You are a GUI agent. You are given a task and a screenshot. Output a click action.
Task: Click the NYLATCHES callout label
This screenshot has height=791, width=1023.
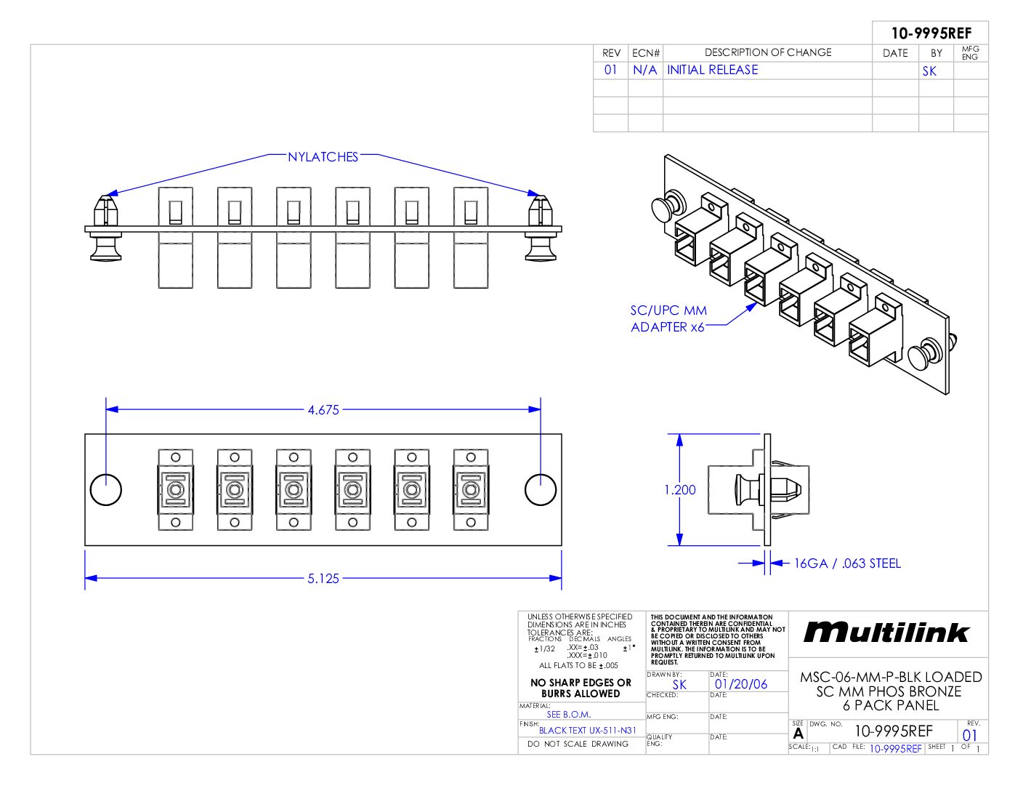[323, 157]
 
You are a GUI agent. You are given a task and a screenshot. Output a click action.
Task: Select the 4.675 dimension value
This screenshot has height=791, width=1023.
[323, 410]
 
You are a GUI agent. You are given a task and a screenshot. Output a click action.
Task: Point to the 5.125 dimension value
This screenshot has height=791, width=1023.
[323, 579]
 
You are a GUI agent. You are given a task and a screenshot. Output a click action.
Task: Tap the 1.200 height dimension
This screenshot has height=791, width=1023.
[680, 490]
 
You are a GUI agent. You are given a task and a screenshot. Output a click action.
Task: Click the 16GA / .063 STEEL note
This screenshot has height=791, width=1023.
[847, 563]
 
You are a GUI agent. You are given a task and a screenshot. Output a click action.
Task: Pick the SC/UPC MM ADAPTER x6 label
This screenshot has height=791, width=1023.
[668, 318]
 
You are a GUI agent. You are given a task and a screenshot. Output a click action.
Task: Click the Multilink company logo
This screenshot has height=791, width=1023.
[886, 633]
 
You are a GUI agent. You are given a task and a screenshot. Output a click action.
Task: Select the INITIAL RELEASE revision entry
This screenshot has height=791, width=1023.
[712, 70]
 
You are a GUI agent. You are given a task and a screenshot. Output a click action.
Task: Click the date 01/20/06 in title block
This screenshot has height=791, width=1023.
[741, 684]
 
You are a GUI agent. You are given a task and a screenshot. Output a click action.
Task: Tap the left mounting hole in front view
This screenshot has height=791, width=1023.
[106, 489]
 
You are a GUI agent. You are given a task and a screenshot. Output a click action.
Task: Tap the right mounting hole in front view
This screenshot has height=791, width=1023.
[541, 489]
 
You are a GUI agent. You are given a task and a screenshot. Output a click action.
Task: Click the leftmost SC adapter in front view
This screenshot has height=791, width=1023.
[175, 490]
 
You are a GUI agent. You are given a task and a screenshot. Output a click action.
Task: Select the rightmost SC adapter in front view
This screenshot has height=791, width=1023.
[471, 490]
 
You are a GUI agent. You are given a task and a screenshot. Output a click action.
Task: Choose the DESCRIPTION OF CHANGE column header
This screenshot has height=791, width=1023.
[768, 52]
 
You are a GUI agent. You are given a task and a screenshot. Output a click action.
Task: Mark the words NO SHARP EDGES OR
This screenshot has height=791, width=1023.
[581, 683]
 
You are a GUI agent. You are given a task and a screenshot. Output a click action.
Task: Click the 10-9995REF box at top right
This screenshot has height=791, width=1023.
[931, 33]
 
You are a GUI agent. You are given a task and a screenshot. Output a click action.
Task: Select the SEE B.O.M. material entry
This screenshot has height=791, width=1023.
[569, 714]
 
